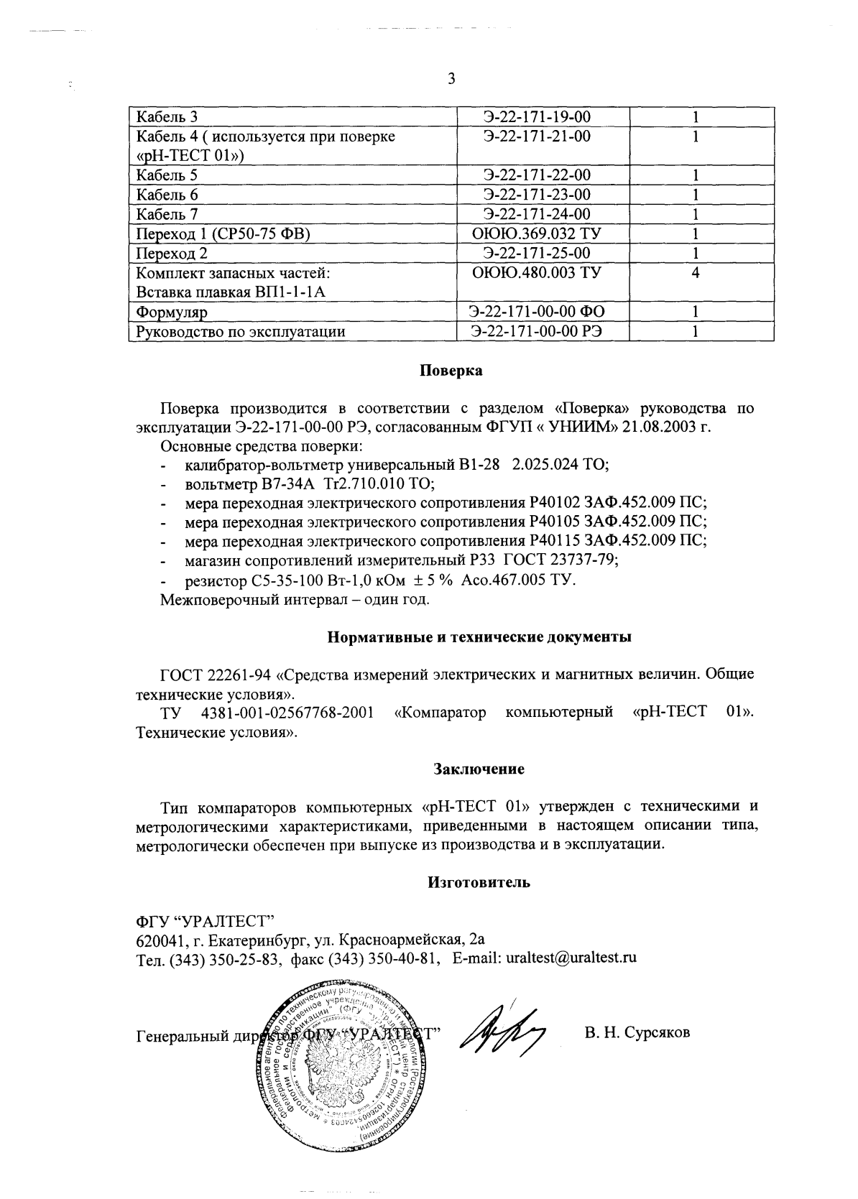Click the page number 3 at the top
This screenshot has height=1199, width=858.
[x=451, y=79]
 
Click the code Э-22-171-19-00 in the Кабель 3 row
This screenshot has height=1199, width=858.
[x=537, y=117]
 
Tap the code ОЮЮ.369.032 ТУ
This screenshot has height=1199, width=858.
[x=536, y=233]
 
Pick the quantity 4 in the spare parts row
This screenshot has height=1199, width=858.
[x=696, y=273]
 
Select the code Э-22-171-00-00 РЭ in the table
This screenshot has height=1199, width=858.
[x=536, y=331]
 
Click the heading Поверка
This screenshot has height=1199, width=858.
[x=451, y=371]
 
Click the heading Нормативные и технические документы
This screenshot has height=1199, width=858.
[x=479, y=637]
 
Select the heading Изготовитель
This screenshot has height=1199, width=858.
[x=479, y=882]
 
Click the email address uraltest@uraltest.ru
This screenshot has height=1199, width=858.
[x=572, y=958]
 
